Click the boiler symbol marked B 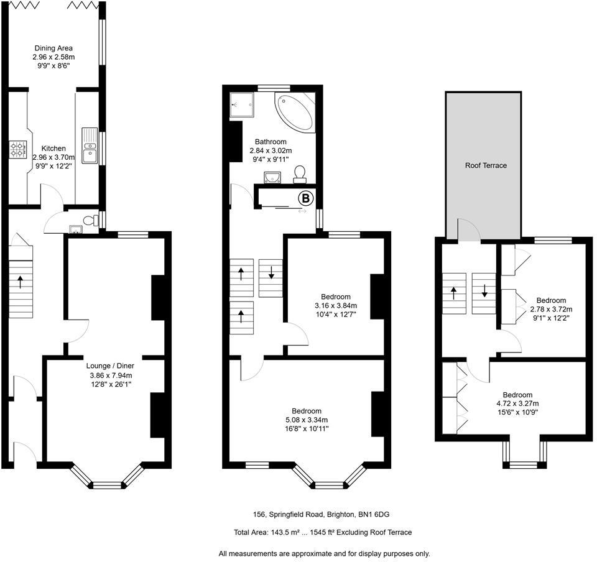pyautogui.click(x=305, y=199)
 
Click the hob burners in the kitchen pyautogui.click(x=17, y=150)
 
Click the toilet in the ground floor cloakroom pyautogui.click(x=91, y=221)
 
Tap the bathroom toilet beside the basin pyautogui.click(x=300, y=172)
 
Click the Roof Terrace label pyautogui.click(x=486, y=165)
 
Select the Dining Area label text pyautogui.click(x=53, y=47)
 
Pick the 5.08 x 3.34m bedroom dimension pyautogui.click(x=307, y=420)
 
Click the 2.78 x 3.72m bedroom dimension pyautogui.click(x=551, y=309)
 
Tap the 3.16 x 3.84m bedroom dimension pyautogui.click(x=335, y=305)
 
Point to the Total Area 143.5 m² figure pyautogui.click(x=281, y=532)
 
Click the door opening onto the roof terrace pyautogui.click(x=468, y=231)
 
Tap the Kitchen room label pyautogui.click(x=53, y=149)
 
